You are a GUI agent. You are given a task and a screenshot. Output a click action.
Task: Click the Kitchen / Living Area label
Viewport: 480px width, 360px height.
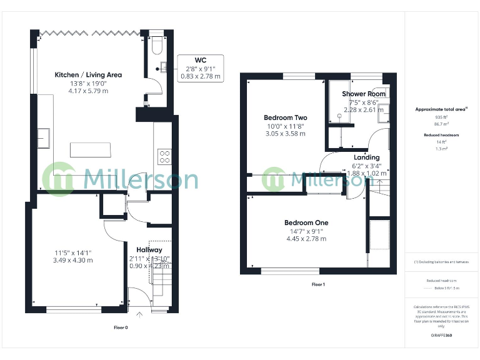88,74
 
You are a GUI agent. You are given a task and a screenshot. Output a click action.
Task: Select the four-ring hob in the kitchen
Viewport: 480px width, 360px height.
165,154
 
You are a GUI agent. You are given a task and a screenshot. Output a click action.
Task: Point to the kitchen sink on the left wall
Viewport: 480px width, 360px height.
43,137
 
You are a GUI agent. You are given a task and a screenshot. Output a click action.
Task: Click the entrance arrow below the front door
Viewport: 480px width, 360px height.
139,314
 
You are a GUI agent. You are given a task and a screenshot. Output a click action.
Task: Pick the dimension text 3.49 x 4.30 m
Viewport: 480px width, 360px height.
72,260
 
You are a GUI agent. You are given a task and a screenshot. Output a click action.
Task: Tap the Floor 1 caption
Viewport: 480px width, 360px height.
318,284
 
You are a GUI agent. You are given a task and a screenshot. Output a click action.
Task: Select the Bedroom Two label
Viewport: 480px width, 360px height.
285,117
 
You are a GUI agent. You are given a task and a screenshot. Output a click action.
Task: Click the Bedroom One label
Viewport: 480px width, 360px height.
306,222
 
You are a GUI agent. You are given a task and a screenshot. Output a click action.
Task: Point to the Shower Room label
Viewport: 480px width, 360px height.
364,94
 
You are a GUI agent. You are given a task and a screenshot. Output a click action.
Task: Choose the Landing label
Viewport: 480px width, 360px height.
366,157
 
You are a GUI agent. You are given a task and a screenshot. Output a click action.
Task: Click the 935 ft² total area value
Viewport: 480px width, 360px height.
441,117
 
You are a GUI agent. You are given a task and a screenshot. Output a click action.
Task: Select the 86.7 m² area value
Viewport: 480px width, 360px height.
441,124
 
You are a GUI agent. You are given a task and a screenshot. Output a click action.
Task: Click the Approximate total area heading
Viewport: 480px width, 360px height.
441,109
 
